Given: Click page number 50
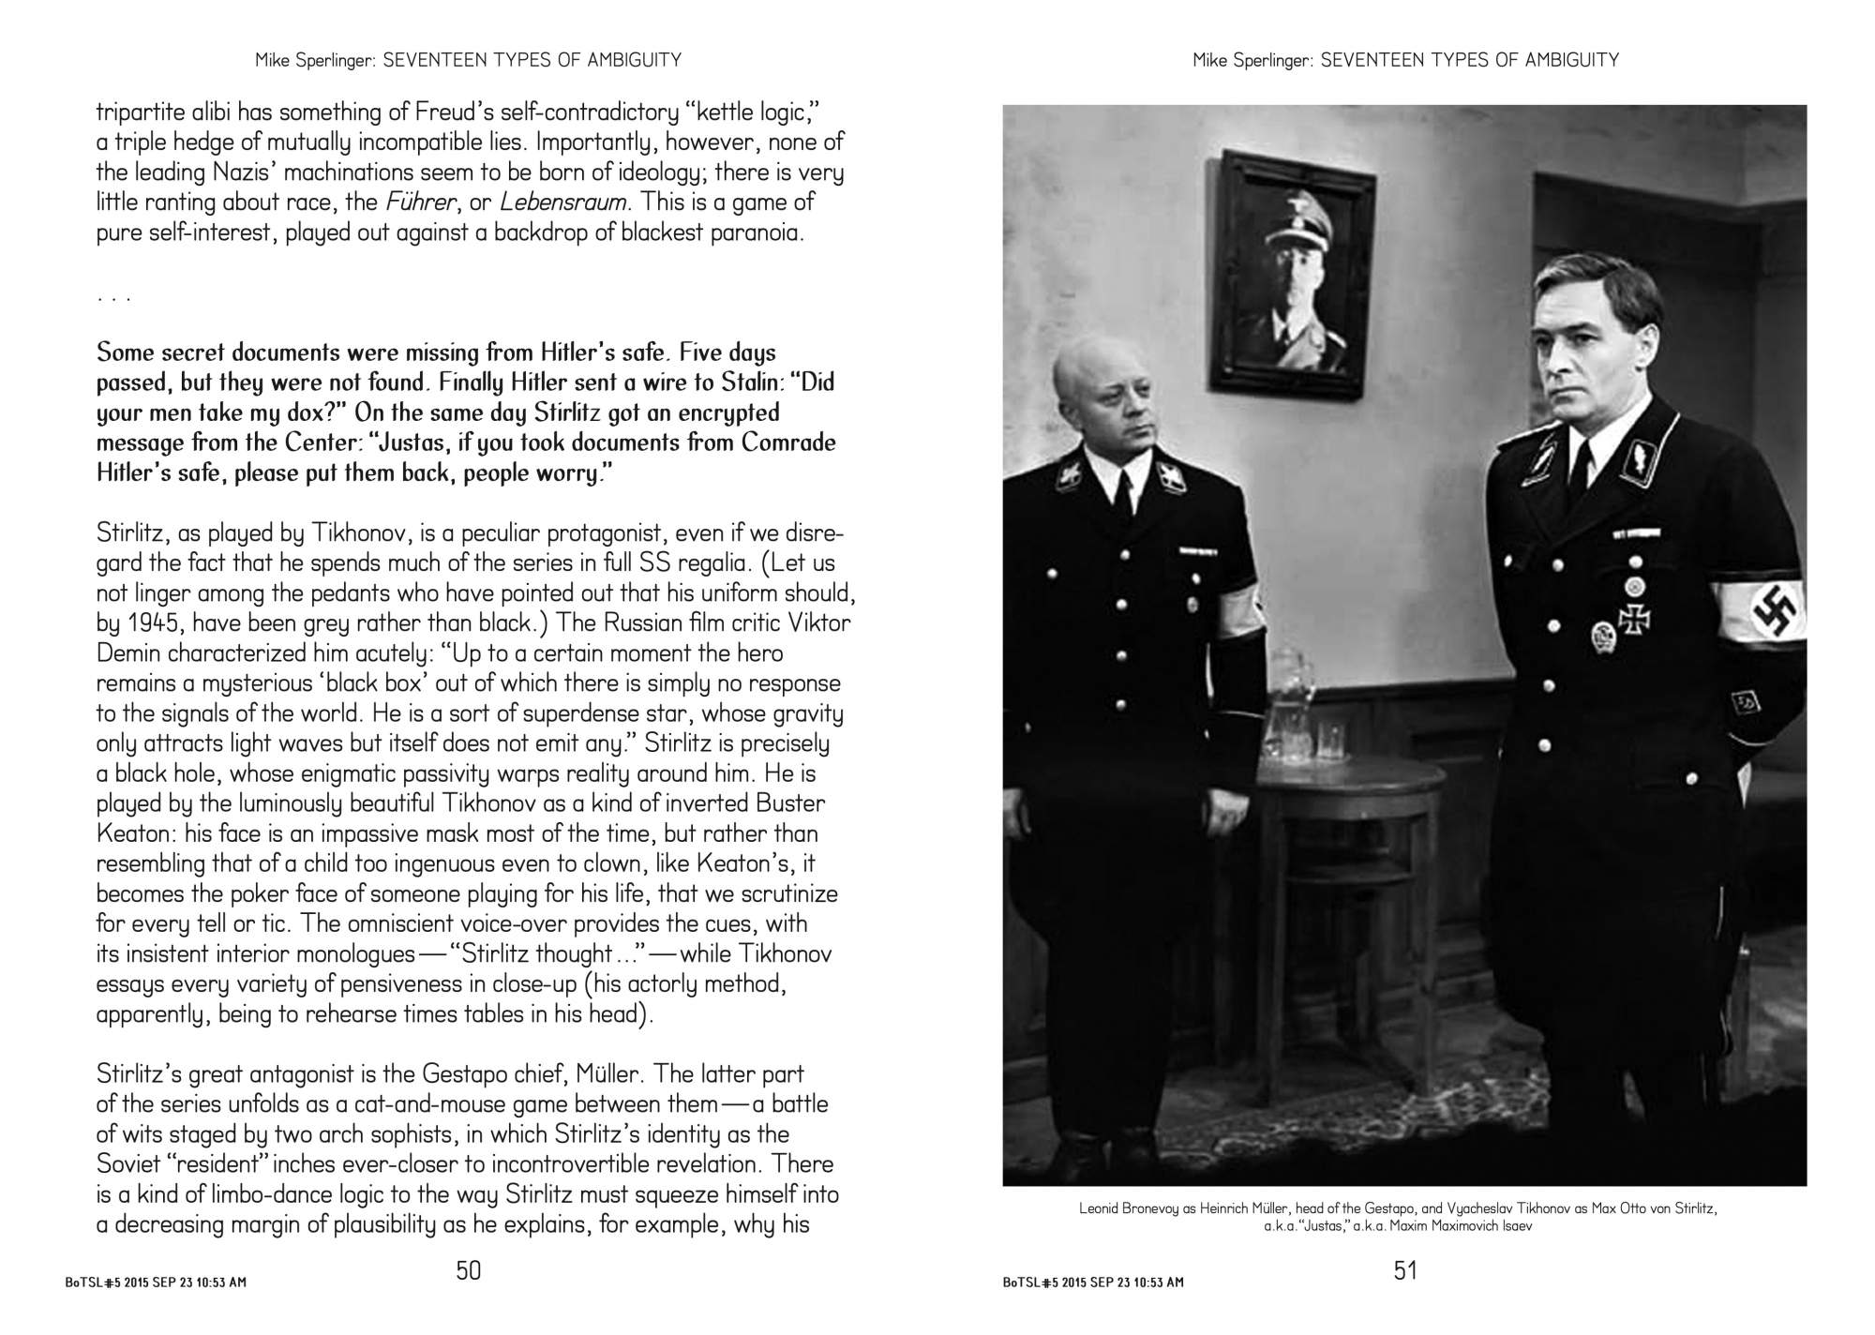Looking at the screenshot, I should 468,1270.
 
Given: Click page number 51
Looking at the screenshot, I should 1405,1270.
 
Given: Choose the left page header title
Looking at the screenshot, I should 468,61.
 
